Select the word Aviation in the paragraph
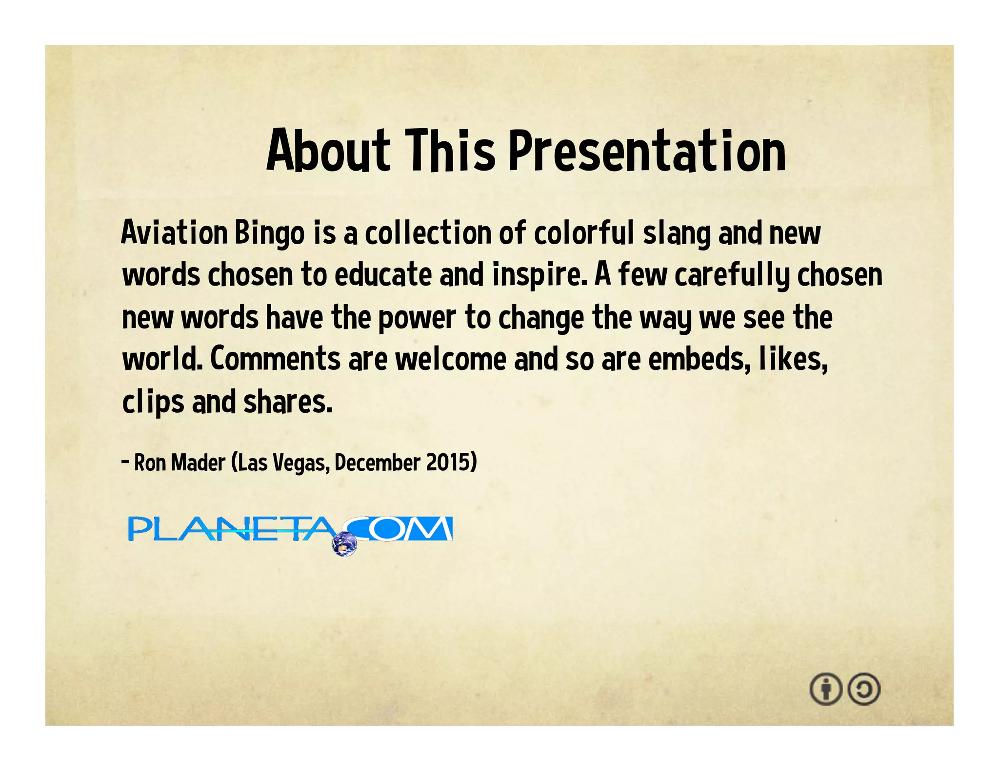174,233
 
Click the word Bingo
269,234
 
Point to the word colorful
583,233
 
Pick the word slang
677,234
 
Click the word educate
383,275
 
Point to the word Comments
275,359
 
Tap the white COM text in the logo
405,529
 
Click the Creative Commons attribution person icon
825,689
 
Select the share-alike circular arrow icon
864,689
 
